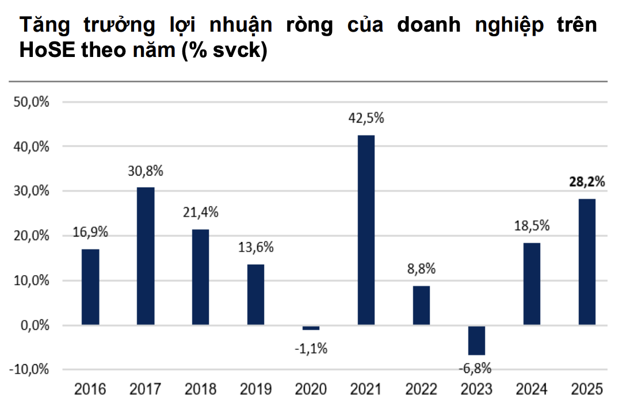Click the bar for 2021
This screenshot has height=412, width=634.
point(366,230)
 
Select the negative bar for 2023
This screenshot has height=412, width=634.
point(476,340)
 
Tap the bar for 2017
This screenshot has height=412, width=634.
point(145,256)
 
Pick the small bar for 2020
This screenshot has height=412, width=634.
point(311,328)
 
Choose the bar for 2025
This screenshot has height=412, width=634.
point(587,262)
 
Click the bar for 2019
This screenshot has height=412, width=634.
point(255,295)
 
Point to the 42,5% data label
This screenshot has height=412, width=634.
point(366,119)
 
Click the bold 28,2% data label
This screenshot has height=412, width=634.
point(587,182)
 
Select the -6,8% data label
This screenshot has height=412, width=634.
point(476,368)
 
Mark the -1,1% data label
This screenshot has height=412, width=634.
point(311,348)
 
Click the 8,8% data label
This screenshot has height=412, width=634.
point(421,269)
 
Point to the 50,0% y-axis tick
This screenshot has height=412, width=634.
point(32,102)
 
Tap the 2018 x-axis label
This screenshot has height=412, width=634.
point(200,390)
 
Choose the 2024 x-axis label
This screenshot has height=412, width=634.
point(532,390)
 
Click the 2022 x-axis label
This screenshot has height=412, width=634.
point(421,390)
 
